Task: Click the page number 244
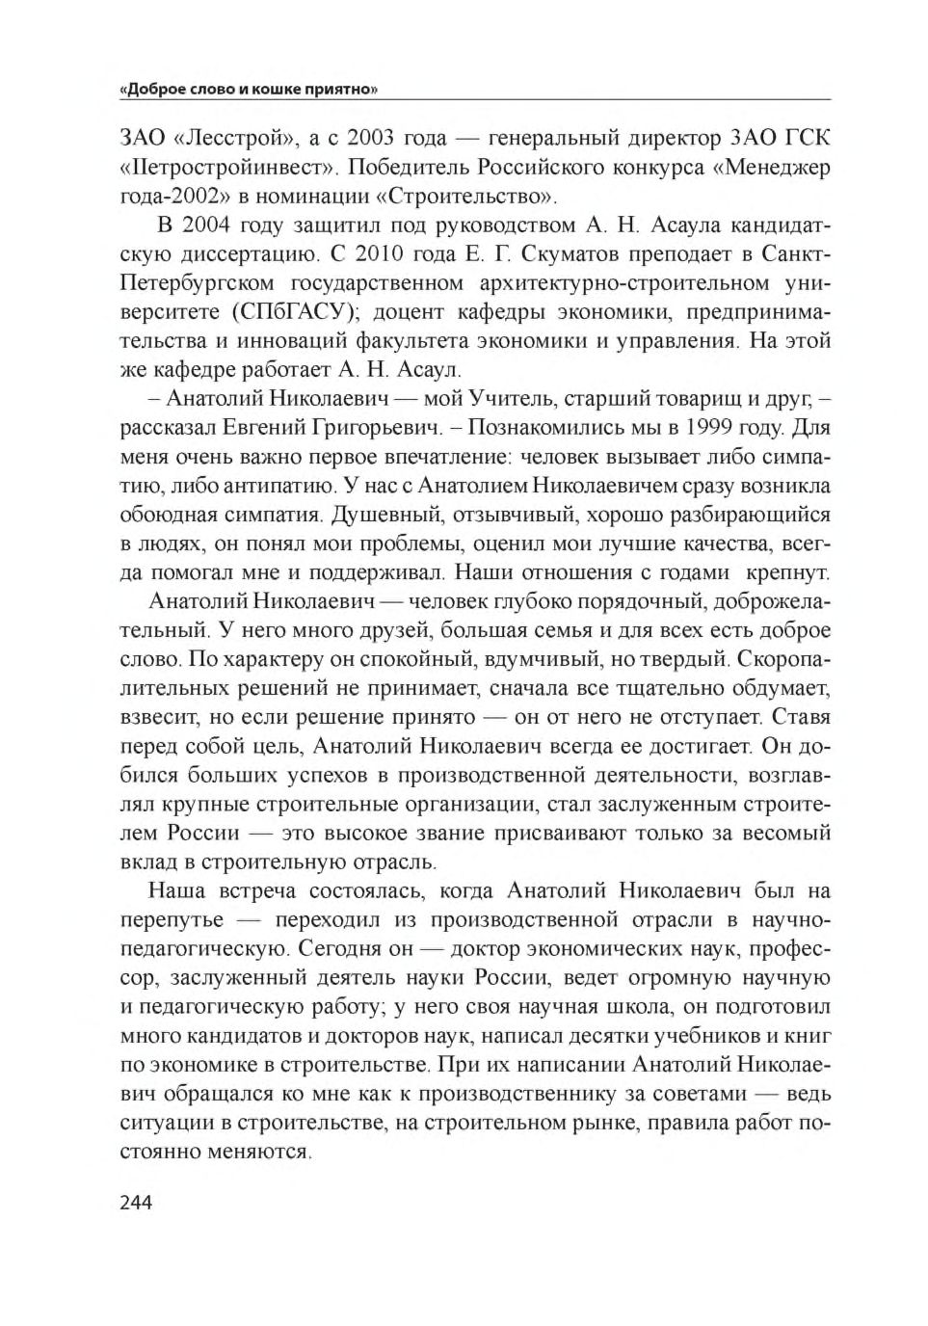[x=137, y=1202]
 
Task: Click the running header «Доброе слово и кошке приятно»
[x=248, y=90]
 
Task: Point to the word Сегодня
[x=342, y=948]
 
